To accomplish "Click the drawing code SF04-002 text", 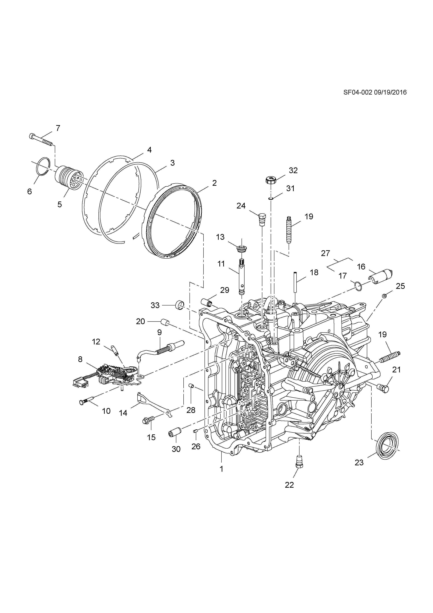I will [357, 92].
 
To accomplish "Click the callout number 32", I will [293, 171].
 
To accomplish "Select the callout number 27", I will [325, 253].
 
